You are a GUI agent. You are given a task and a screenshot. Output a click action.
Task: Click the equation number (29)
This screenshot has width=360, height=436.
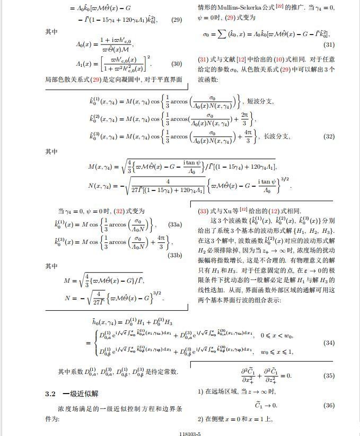click(x=176, y=20)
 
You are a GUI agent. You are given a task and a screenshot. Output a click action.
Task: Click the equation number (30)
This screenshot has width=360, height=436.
click(x=176, y=64)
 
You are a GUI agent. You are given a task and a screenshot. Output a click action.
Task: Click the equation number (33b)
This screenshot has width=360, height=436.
click(x=174, y=255)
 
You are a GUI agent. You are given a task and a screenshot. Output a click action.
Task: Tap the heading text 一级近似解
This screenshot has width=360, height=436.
click(x=80, y=394)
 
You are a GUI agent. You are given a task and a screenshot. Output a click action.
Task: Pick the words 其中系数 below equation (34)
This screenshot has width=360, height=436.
click(x=71, y=371)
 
